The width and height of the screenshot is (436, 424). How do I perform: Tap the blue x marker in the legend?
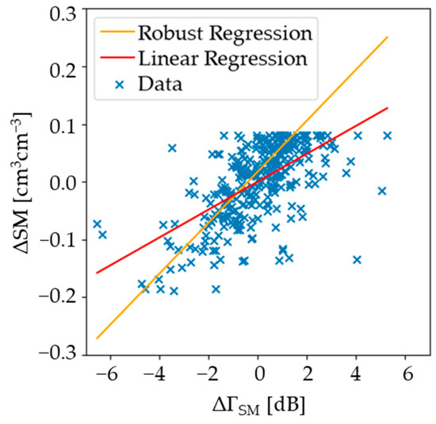[x=114, y=84]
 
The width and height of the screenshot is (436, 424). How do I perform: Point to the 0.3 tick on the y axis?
[x=60, y=13]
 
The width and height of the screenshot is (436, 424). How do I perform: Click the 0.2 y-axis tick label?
[x=60, y=69]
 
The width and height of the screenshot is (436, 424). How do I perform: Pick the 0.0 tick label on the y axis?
[x=60, y=181]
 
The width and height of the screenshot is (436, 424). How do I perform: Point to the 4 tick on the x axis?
[x=358, y=371]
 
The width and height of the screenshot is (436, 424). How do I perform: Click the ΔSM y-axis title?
[x=17, y=182]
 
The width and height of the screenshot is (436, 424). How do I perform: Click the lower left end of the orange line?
[x=97, y=338]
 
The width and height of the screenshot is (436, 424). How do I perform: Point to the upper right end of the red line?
[x=388, y=108]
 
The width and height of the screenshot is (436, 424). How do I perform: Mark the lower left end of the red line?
[x=97, y=273]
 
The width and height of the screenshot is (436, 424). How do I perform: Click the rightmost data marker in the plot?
[x=388, y=136]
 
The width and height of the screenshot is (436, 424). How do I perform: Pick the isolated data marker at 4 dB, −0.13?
[x=357, y=259]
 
